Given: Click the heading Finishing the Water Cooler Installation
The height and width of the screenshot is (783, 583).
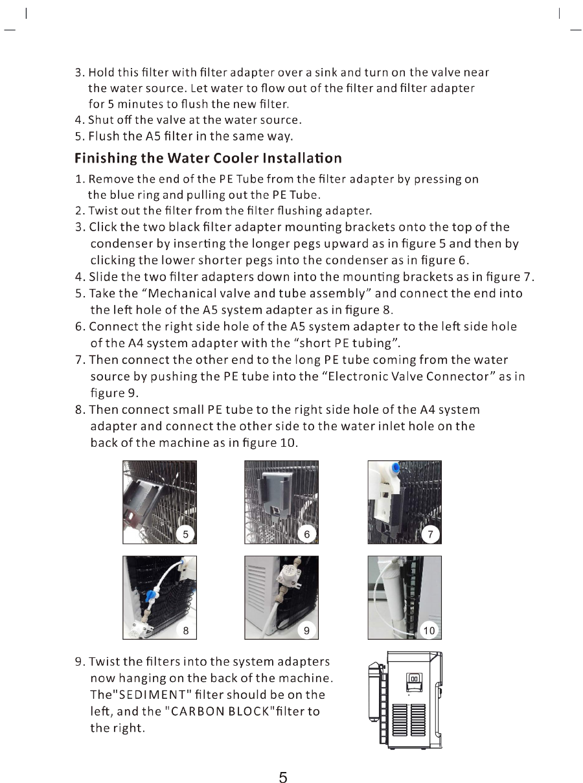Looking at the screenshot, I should click(x=208, y=158).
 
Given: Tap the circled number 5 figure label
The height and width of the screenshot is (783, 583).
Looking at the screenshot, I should click(x=186, y=534).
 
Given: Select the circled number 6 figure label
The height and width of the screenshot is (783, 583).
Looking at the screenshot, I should click(x=308, y=534).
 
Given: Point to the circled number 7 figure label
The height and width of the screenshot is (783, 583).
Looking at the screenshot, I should click(x=431, y=534).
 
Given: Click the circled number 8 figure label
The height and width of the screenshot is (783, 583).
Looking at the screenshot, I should click(x=186, y=630).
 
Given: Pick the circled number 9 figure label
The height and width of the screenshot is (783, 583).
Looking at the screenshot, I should click(x=308, y=630).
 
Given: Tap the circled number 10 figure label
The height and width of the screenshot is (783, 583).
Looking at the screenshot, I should click(x=430, y=630).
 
